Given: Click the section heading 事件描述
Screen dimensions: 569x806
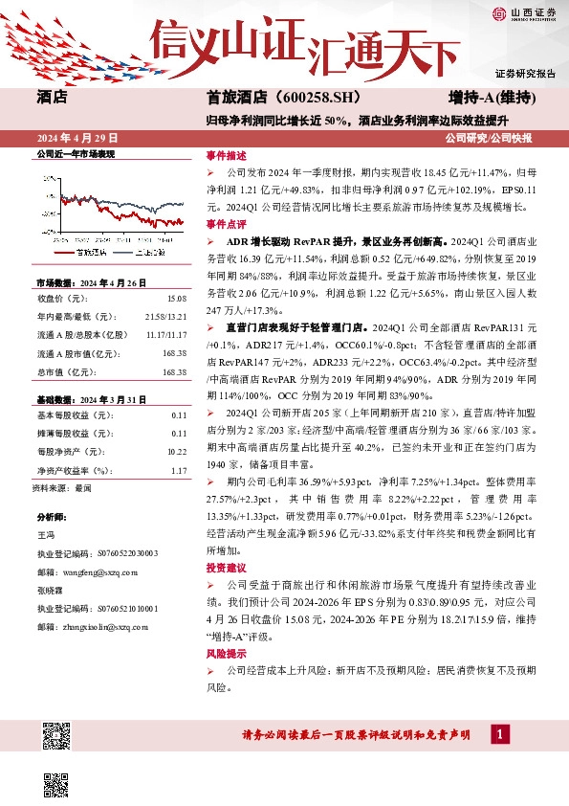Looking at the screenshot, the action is point(226,155).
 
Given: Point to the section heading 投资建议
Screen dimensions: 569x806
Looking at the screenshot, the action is point(226,568).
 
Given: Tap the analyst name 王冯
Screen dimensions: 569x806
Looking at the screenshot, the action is point(46,534).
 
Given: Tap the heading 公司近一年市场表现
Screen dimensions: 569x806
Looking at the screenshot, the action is point(75,154).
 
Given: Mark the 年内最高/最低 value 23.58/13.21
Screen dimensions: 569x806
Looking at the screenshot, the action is point(166,317).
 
